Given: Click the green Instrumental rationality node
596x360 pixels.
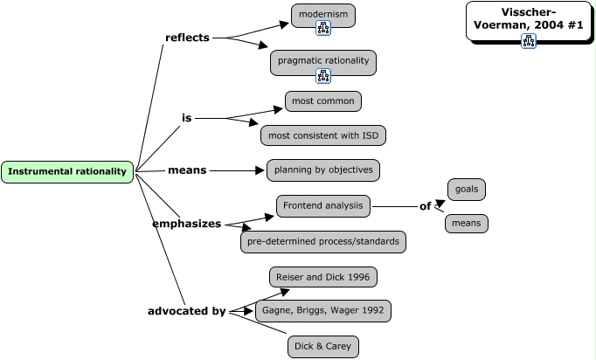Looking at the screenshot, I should [x=67, y=171].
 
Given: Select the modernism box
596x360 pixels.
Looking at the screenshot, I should [x=323, y=14].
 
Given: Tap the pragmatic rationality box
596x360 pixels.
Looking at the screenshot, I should [x=323, y=60].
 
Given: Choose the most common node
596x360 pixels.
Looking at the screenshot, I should [x=323, y=101].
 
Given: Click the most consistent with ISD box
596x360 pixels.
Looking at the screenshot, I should [x=323, y=135].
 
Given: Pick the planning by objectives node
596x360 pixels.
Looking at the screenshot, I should [x=323, y=170].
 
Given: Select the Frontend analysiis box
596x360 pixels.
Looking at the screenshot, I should [x=323, y=206].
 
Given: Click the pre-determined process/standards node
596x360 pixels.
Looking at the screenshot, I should [x=323, y=241].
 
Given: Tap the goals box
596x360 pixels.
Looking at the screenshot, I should [x=467, y=189].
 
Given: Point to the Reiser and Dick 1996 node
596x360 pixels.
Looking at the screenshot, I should [x=323, y=277].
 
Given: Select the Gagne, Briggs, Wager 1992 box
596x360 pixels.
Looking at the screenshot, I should [x=323, y=310].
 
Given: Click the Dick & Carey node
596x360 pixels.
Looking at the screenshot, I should [x=323, y=347].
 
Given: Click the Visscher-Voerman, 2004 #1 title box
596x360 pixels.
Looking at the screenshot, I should [x=529, y=18].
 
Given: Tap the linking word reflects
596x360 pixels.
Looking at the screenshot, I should [x=187, y=38].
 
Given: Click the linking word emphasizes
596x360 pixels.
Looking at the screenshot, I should [x=187, y=224].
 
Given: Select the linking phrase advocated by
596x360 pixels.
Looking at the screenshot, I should [x=187, y=310].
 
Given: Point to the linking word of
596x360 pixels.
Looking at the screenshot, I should [x=426, y=206].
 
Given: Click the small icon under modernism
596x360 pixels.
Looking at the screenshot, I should [x=323, y=29].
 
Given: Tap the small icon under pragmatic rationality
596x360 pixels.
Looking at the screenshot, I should [x=323, y=76].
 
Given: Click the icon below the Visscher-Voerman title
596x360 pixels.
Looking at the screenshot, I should [x=529, y=40].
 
